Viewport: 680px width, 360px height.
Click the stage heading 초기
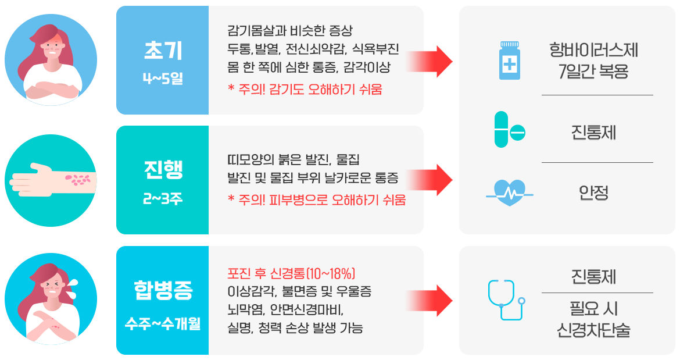162,51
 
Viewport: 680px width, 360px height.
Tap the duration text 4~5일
162,77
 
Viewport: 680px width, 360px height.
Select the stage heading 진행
162,170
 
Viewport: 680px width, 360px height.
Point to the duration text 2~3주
162,198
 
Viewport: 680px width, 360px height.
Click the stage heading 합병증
162,288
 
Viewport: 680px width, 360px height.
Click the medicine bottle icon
510,60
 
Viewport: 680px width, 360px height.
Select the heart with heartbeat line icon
509,192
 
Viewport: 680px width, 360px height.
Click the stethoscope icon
506,300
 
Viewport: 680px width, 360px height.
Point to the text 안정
593,193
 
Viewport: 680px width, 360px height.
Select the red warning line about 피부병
317,200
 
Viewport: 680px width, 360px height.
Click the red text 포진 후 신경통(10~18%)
291,273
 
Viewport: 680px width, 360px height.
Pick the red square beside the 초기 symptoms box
438,61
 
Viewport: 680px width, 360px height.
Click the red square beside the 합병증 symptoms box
438,301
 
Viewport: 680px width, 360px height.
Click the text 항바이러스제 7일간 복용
593,62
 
